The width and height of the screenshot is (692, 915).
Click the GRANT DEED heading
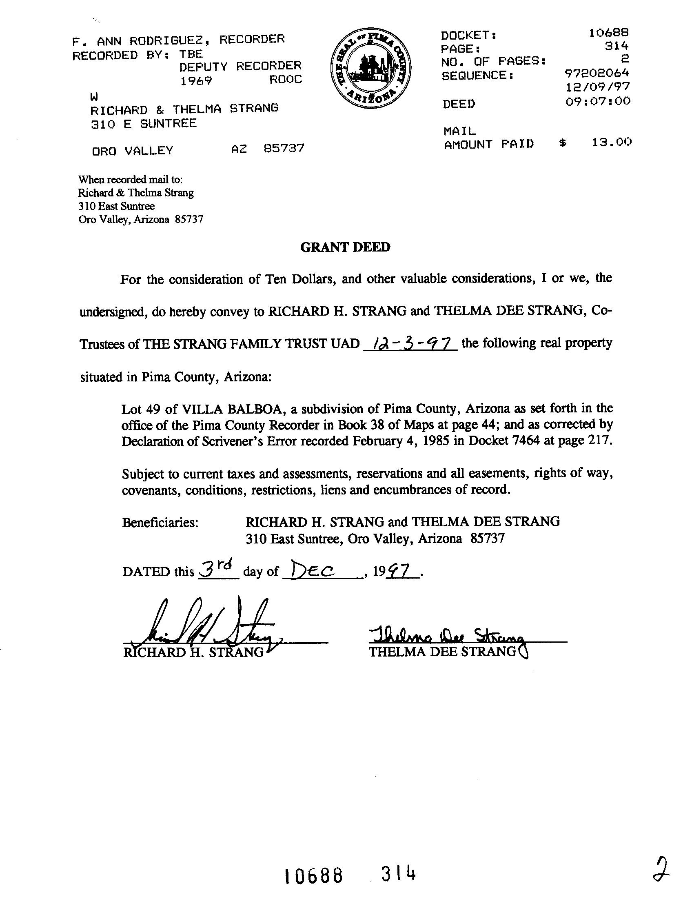[345, 247]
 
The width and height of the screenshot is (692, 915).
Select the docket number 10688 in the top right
[608, 32]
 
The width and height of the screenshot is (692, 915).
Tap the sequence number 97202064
[597, 73]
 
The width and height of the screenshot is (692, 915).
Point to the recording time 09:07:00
[598, 101]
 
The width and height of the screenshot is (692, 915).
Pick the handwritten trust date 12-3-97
[410, 343]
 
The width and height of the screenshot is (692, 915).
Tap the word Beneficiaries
[160, 523]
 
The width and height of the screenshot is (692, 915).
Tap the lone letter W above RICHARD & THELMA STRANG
[94, 97]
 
